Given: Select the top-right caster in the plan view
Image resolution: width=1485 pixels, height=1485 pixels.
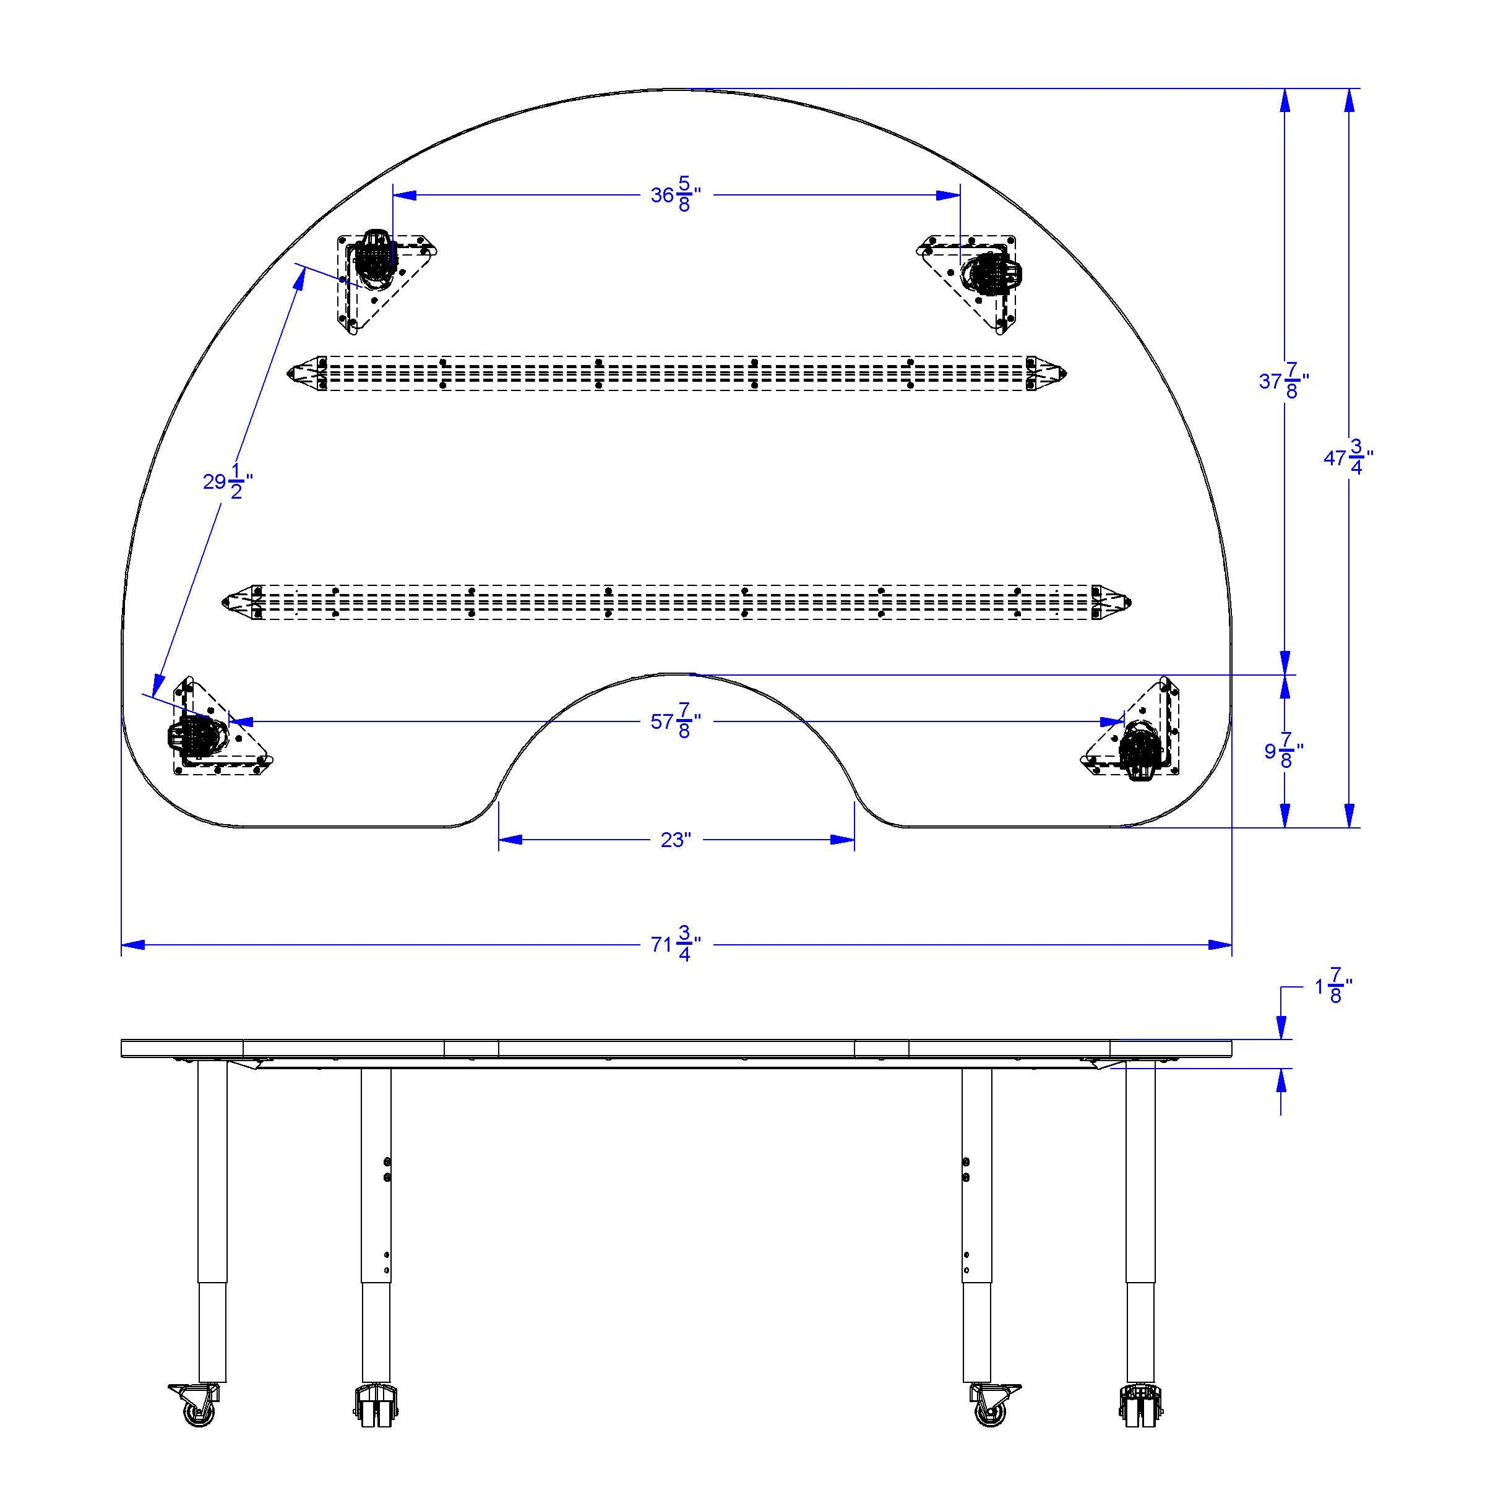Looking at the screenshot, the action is pyautogui.click(x=991, y=273).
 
